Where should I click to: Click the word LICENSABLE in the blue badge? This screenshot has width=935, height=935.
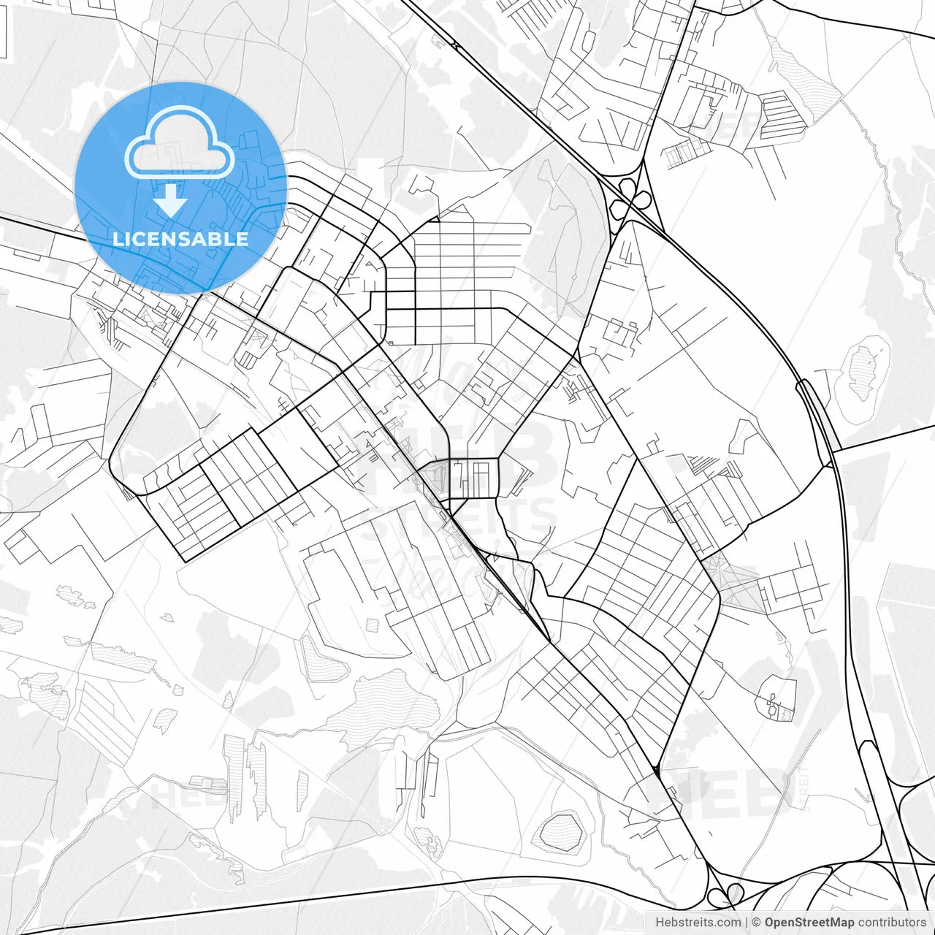(x=180, y=239)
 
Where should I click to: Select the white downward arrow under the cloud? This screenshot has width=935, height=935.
(x=171, y=199)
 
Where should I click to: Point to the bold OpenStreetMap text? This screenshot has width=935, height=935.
(x=809, y=923)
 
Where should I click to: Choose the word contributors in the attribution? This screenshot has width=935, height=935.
(x=891, y=923)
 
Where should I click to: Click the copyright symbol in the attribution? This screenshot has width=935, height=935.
(x=757, y=923)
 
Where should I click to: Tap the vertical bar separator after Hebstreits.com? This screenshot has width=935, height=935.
(x=747, y=923)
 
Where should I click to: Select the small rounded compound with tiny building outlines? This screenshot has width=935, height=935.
(x=776, y=699)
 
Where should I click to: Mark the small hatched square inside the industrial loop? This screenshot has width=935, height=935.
(x=372, y=625)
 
